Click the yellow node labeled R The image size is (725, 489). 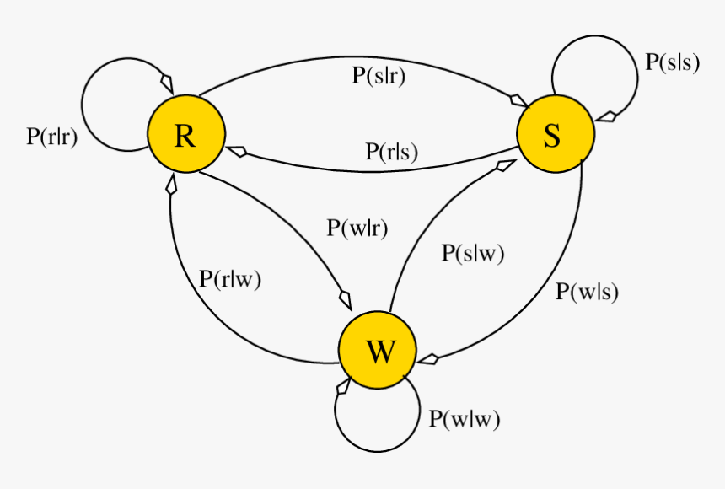click(185, 135)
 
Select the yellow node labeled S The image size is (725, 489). click(555, 132)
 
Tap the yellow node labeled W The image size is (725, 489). click(377, 351)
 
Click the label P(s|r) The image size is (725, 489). click(379, 75)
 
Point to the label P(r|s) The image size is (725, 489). click(391, 152)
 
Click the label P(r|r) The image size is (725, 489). click(52, 137)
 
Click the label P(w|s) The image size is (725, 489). click(588, 292)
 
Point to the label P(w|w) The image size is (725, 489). click(465, 418)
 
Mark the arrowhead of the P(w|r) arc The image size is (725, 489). click(345, 299)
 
